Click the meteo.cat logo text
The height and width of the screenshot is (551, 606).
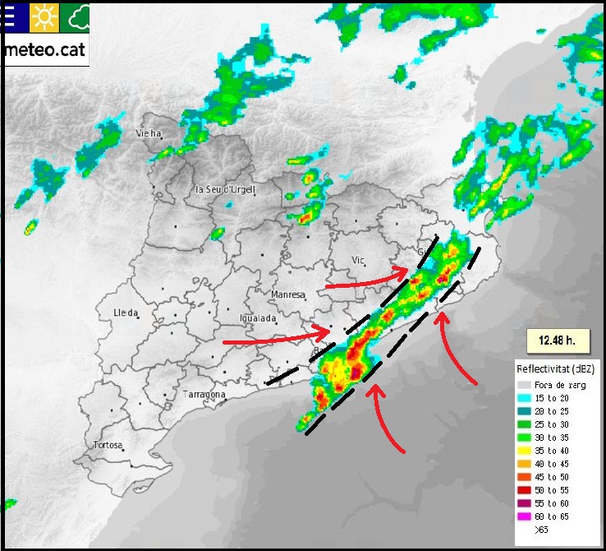coord(45,49)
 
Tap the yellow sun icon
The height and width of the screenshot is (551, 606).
coord(41,16)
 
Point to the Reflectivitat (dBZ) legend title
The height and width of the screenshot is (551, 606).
coord(555,367)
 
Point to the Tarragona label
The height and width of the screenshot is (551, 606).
coord(204,395)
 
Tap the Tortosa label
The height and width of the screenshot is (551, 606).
coord(108,446)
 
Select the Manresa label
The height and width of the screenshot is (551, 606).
coord(287,294)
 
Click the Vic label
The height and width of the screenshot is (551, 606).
coord(358,260)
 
